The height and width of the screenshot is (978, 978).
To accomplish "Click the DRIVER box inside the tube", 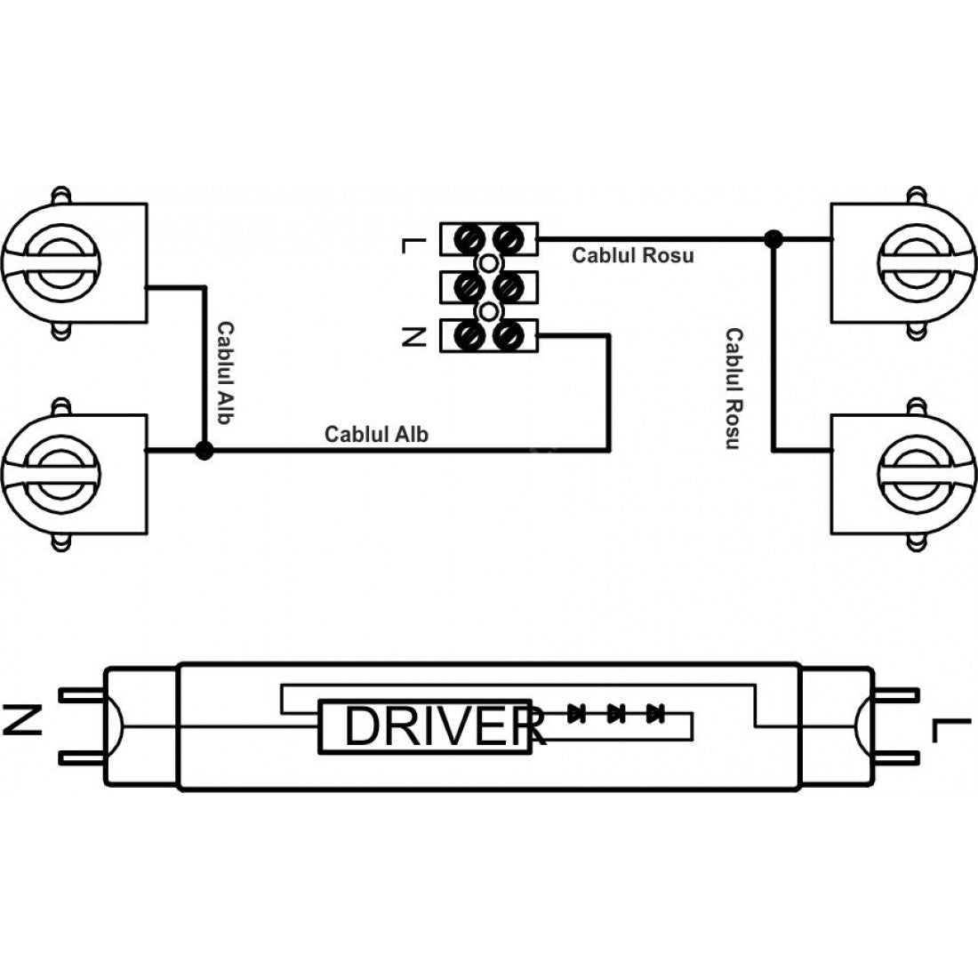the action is [425, 726].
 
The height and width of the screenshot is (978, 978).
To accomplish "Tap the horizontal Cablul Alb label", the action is [376, 434].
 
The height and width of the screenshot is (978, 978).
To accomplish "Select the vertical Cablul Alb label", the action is [225, 373].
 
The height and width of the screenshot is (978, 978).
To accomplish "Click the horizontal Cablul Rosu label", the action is [632, 255].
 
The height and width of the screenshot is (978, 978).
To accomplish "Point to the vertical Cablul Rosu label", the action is [733, 389].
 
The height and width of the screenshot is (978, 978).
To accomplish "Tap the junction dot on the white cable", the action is [204, 450].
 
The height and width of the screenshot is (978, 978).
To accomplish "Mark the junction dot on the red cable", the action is [774, 238].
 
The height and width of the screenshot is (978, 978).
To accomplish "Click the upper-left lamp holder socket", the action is [74, 262].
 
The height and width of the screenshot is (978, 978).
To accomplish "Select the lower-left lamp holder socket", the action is [74, 475].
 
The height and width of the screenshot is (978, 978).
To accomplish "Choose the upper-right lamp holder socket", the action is [904, 262].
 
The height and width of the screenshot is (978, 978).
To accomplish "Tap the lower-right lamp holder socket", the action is [904, 475].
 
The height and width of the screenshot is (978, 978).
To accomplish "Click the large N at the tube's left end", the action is [23, 719].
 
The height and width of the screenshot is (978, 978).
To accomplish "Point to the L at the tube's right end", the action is [952, 730].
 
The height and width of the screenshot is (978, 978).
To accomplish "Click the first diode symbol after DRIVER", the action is [577, 712].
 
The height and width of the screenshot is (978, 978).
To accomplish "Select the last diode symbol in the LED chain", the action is [655, 712].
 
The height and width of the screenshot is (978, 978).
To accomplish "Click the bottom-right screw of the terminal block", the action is [508, 336].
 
